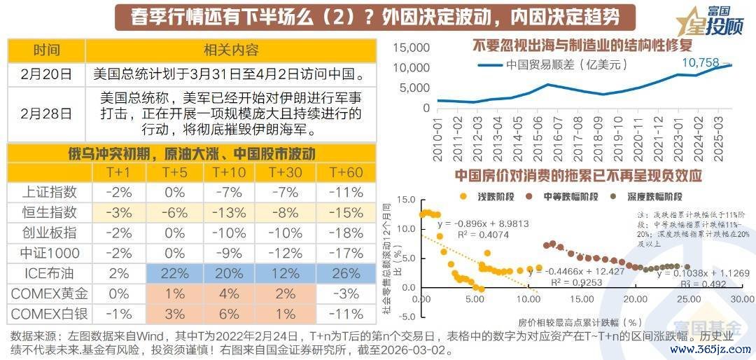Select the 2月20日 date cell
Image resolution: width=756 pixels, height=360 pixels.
click(46, 74)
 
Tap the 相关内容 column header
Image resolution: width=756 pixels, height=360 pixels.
click(231, 50)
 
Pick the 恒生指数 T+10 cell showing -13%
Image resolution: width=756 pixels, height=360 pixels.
click(227, 213)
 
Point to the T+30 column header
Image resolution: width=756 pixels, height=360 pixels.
click(286, 172)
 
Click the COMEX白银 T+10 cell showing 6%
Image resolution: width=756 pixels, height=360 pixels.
click(227, 314)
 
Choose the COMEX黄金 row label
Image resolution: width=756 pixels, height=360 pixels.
click(46, 294)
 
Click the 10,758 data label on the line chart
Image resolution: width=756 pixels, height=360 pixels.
click(700, 63)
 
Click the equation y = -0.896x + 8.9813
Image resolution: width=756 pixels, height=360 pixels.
click(483, 223)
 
